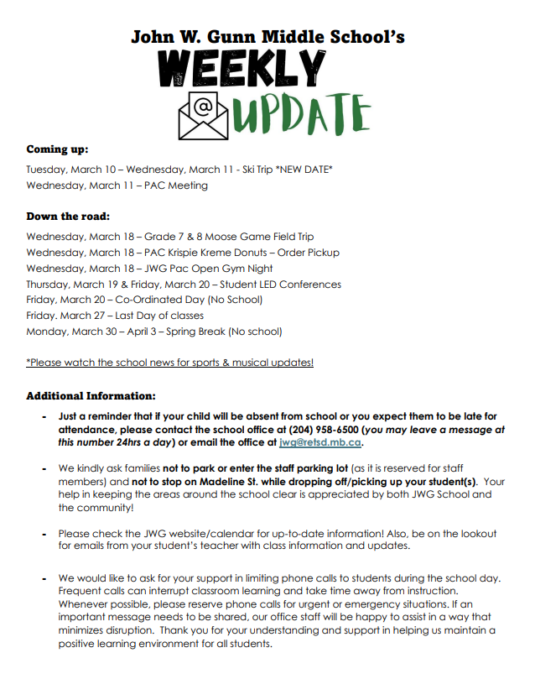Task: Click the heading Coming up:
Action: pyautogui.click(x=57, y=149)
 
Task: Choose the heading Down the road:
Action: pyautogui.click(x=68, y=217)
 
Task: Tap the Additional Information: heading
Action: pyautogui.click(x=91, y=395)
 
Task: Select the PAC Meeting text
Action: pyautogui.click(x=176, y=185)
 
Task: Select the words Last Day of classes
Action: pyautogui.click(x=161, y=316)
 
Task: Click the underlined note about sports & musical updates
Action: pyautogui.click(x=170, y=363)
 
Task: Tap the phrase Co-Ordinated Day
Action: pyautogui.click(x=152, y=300)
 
